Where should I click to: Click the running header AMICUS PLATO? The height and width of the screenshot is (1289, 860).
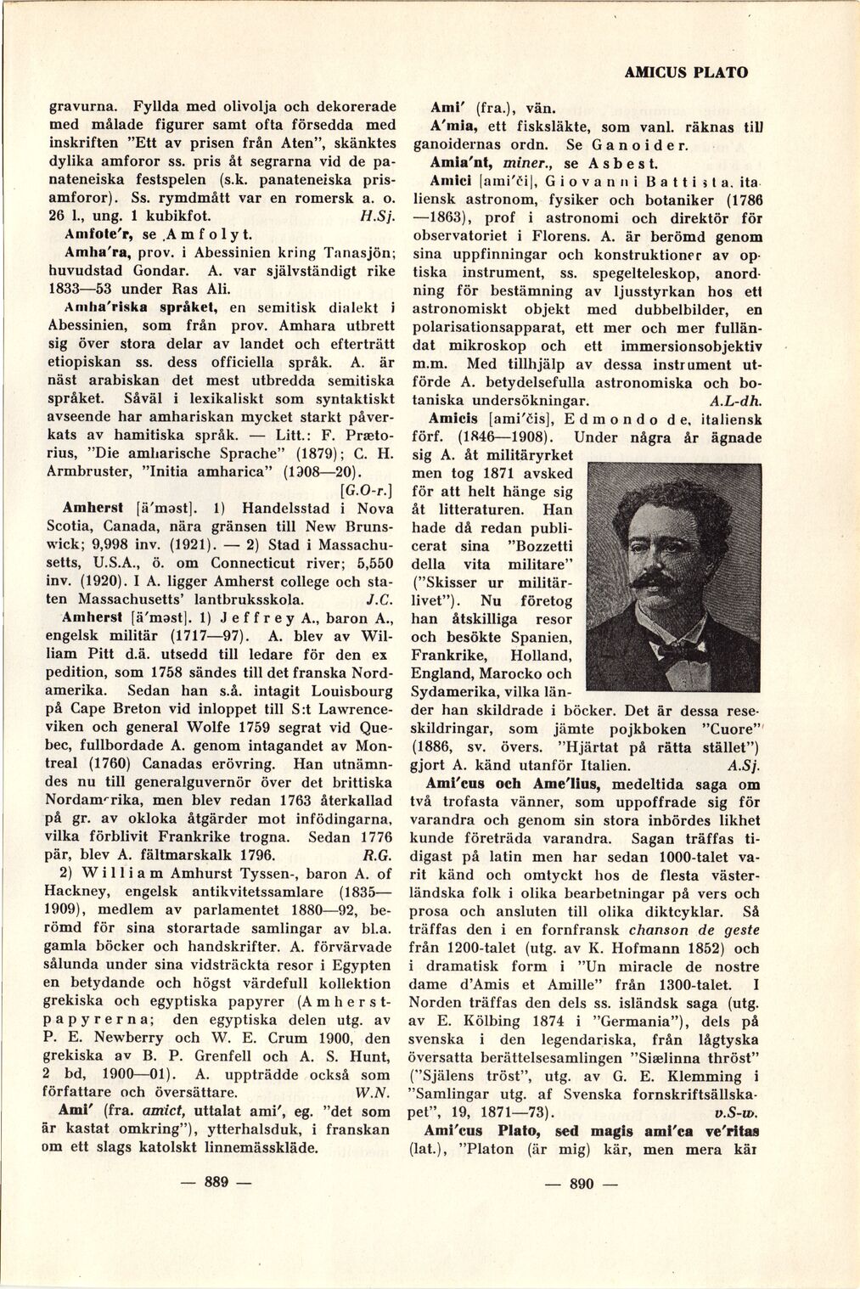point(686,72)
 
